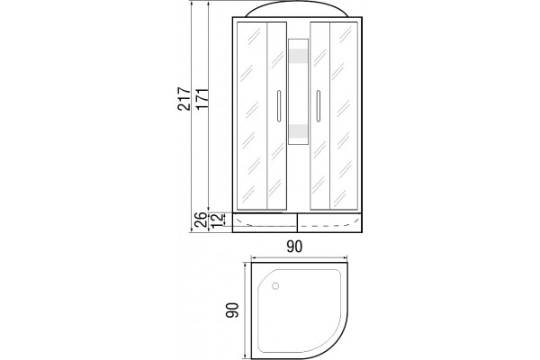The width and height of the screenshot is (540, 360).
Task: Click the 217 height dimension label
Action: point(184,98)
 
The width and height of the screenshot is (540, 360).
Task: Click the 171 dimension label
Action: point(202,99)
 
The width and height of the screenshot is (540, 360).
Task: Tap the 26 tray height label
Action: point(201,220)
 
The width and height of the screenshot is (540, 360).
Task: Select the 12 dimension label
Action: point(217,220)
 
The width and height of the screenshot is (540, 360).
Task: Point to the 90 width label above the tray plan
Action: point(294,247)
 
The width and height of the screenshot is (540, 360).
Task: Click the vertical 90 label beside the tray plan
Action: point(232,310)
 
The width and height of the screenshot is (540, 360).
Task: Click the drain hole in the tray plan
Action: point(275,285)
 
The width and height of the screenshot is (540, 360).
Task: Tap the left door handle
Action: point(279,106)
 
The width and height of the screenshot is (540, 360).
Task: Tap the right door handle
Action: point(319,106)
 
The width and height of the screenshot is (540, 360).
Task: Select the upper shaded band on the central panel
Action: point(298,56)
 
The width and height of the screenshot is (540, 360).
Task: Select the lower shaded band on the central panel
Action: point(298,130)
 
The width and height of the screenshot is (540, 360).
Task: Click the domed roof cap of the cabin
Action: point(297,9)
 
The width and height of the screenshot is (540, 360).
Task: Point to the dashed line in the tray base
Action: point(326,226)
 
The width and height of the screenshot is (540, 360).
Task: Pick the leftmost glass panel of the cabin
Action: point(252,116)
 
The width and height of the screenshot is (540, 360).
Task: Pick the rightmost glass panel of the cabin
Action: point(344,116)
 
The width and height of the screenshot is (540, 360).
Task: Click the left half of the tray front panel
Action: point(265,222)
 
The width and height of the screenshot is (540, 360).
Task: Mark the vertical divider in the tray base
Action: point(297,222)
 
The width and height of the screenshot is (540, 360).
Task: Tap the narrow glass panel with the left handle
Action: point(277,116)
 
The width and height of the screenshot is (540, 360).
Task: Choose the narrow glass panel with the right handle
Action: point(320,116)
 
